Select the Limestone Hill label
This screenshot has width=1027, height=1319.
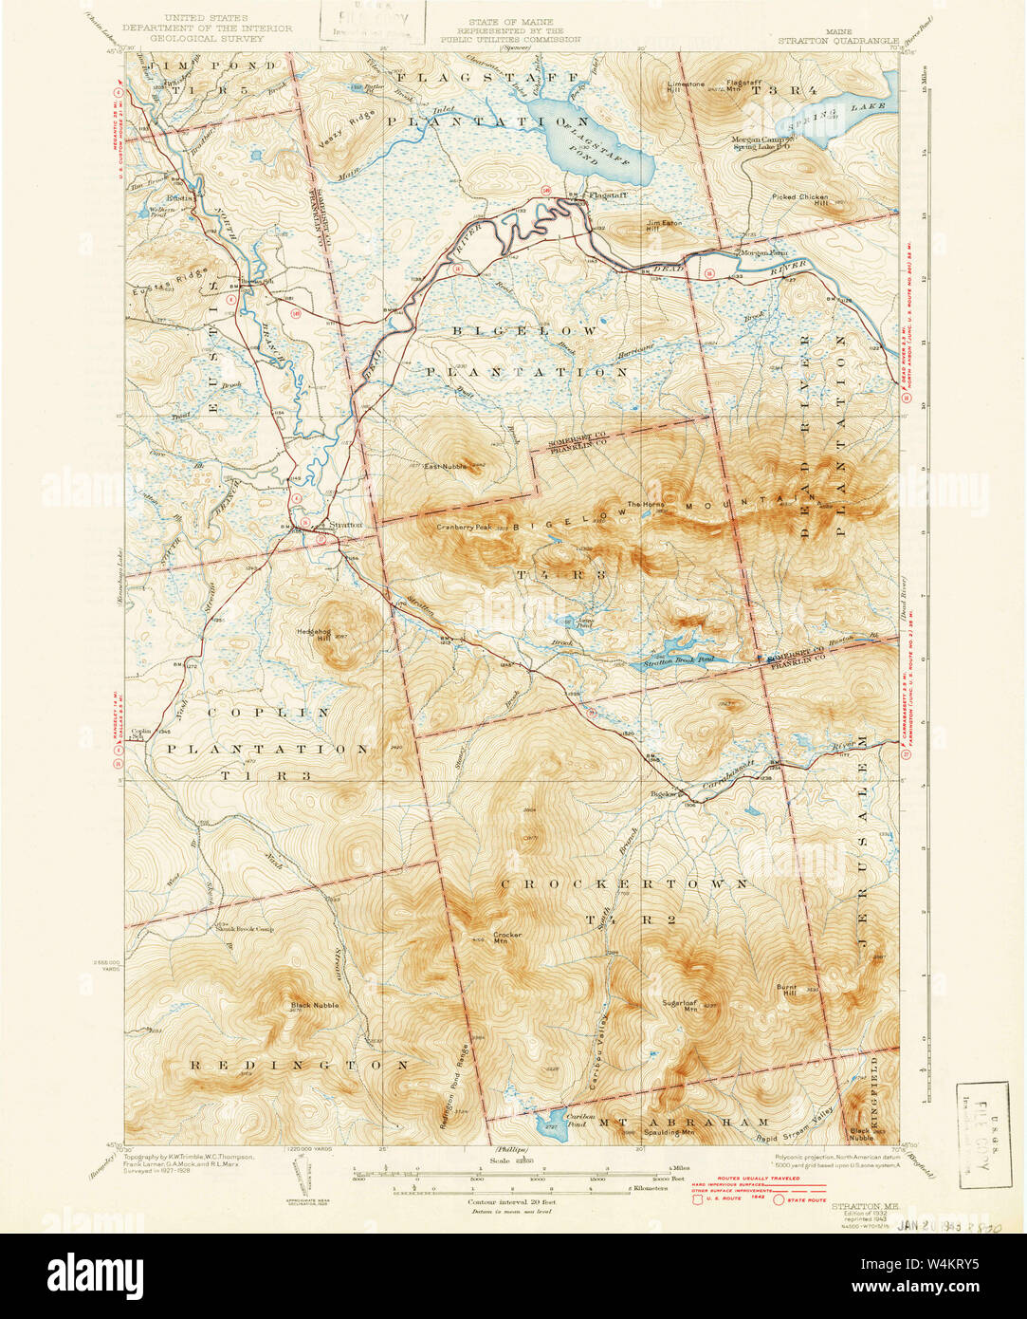point(685,87)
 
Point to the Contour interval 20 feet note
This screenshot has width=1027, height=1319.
point(513,1200)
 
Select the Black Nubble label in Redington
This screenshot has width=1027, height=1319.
point(314,1004)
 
